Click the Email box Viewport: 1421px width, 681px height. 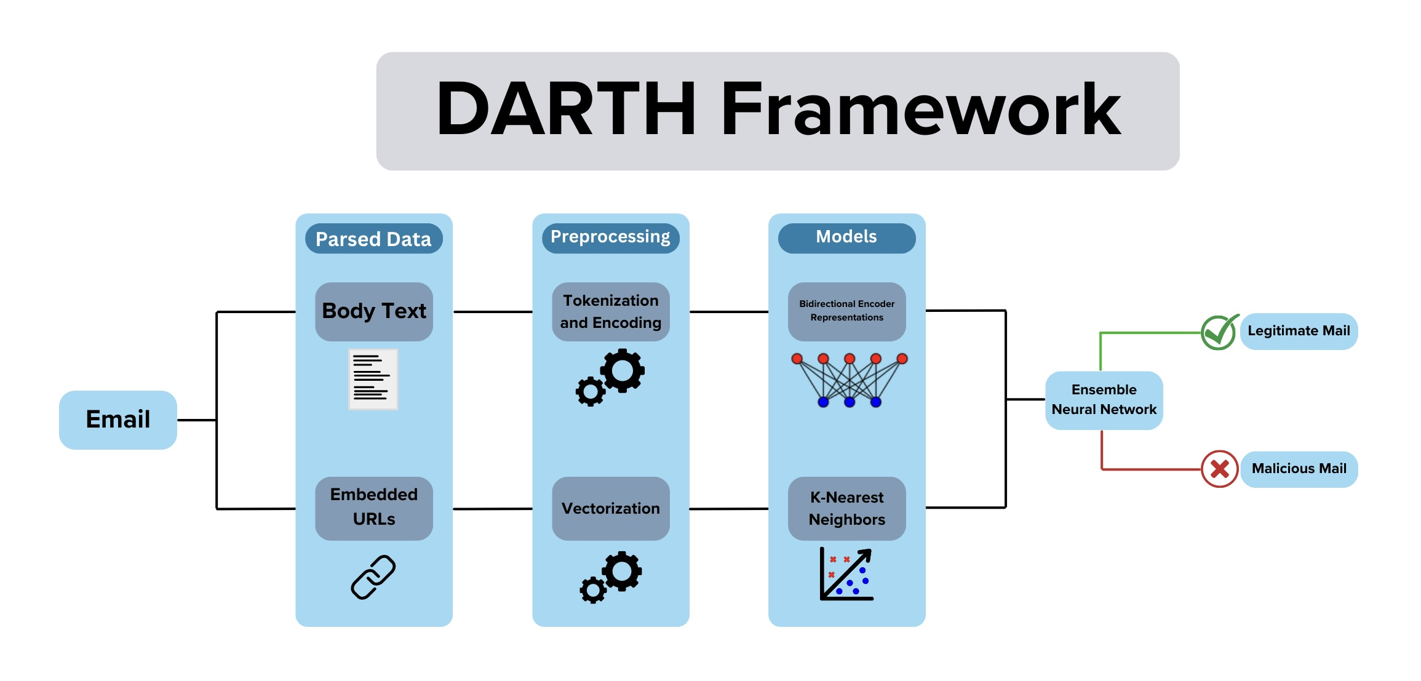118,420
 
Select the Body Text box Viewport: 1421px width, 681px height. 374,311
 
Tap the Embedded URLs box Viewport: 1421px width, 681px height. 374,508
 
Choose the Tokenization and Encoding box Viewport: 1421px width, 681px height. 611,311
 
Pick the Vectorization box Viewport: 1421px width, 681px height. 611,508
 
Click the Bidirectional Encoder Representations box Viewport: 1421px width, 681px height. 847,311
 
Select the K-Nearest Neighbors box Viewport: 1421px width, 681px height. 847,508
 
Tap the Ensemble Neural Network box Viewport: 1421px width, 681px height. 1104,400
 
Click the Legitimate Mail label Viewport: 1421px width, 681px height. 1299,331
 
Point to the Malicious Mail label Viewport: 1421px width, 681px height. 1299,469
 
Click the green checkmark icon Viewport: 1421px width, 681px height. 1220,332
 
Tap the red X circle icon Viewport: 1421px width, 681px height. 1220,469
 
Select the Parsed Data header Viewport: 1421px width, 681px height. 374,239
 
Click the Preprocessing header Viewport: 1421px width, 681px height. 611,238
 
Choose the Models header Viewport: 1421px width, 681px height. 847,238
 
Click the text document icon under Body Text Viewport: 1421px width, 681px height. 373,379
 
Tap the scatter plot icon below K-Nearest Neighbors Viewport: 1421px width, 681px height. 846,574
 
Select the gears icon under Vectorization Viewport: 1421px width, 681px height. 611,577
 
